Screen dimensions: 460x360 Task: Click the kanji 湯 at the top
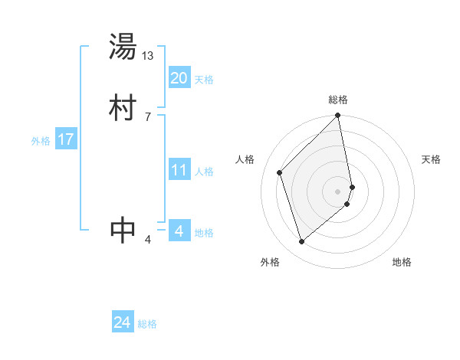click(x=123, y=48)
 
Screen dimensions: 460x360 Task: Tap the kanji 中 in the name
click(x=123, y=229)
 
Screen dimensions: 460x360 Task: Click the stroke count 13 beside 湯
click(x=148, y=56)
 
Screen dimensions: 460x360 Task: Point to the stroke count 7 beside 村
click(x=148, y=116)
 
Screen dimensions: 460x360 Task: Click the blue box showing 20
click(x=179, y=78)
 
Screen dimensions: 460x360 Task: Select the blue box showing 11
click(x=179, y=170)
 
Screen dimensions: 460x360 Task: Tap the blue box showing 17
click(x=65, y=139)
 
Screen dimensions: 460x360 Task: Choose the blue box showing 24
click(x=122, y=322)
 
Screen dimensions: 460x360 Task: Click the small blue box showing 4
click(x=179, y=231)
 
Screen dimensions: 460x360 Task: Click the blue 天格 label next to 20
click(x=204, y=80)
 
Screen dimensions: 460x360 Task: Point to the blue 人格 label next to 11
click(x=204, y=172)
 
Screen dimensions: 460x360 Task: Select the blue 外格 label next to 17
click(x=41, y=141)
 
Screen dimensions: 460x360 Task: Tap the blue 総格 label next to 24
click(x=147, y=324)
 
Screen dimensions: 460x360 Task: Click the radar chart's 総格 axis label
click(x=338, y=100)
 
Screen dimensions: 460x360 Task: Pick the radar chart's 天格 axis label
click(x=431, y=159)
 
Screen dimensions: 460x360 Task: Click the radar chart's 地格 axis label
click(x=402, y=262)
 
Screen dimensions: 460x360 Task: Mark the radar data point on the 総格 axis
click(x=338, y=116)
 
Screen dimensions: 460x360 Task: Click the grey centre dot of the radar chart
click(x=338, y=191)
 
